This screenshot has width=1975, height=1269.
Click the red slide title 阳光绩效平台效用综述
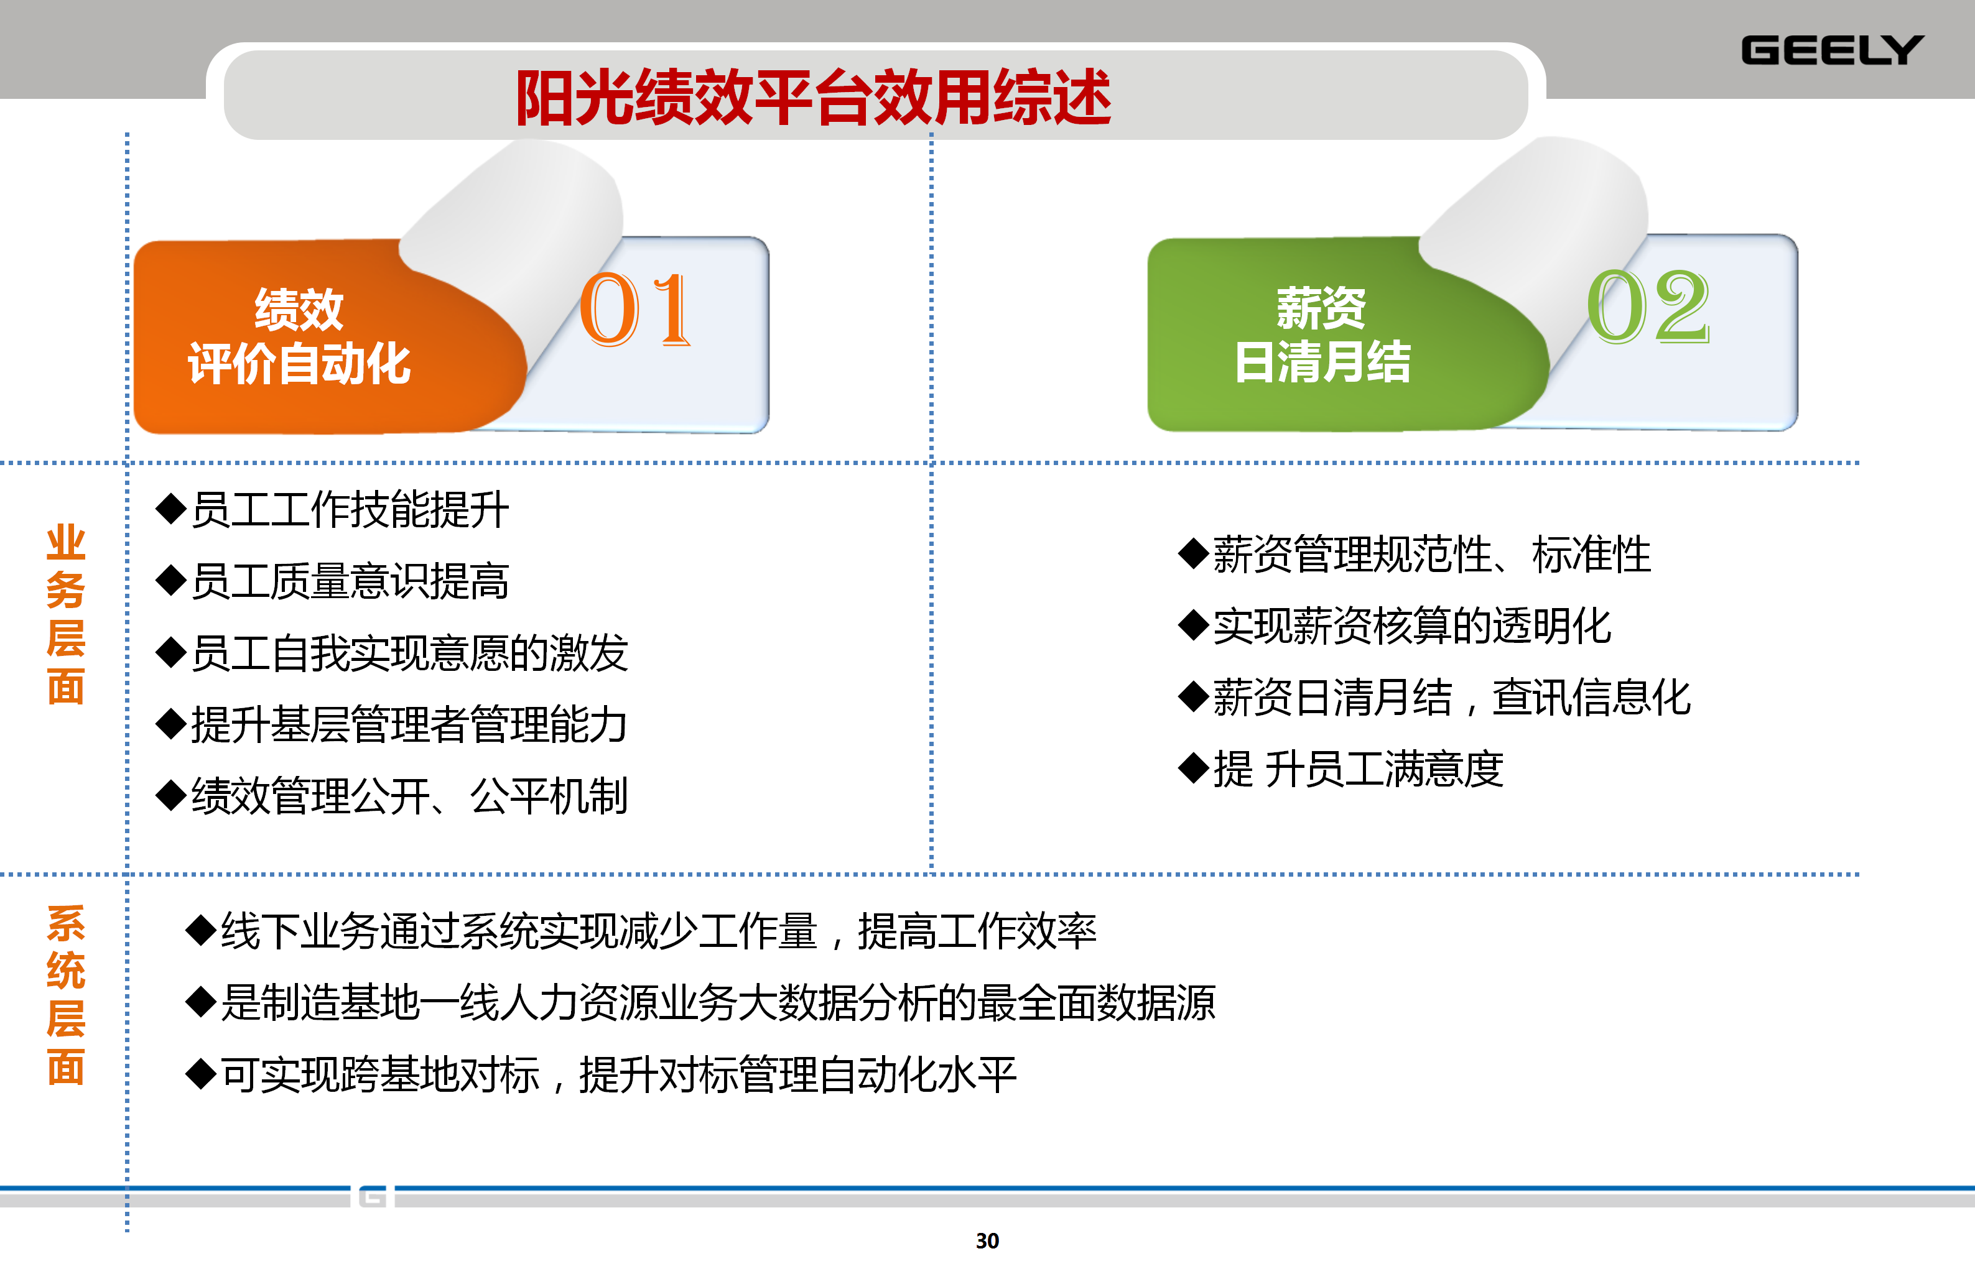[x=814, y=97]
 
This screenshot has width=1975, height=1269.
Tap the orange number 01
[x=634, y=310]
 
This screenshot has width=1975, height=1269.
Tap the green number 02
[x=1648, y=307]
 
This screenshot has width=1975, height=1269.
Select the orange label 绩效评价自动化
[x=299, y=336]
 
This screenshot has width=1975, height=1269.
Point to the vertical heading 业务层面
[x=66, y=614]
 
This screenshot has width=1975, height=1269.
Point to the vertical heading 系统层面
[x=66, y=995]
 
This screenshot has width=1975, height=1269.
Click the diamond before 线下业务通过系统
[x=201, y=930]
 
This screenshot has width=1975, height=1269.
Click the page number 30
[x=988, y=1241]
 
